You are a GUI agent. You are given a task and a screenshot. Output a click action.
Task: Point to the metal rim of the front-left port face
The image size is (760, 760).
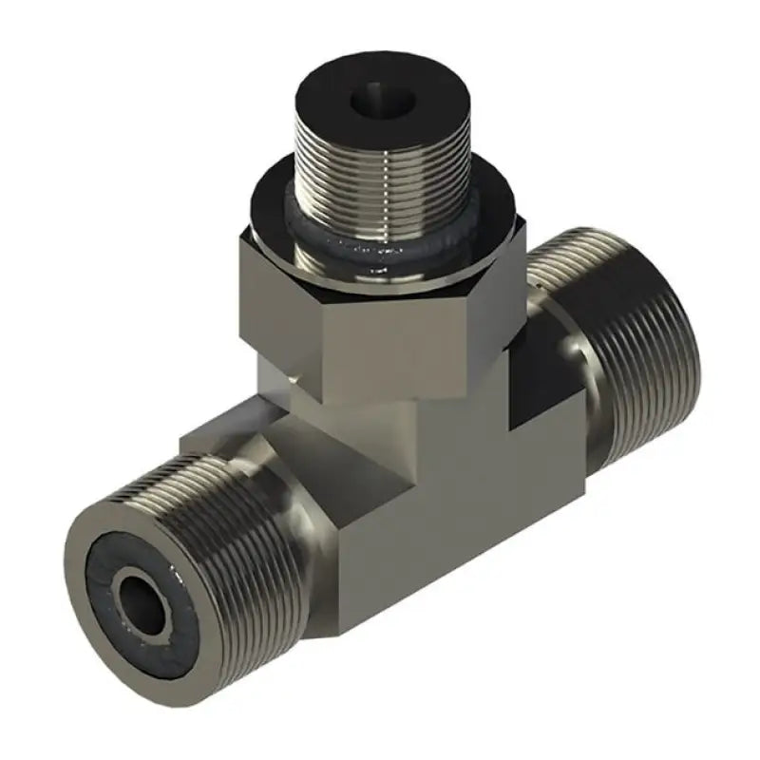(90, 546)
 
